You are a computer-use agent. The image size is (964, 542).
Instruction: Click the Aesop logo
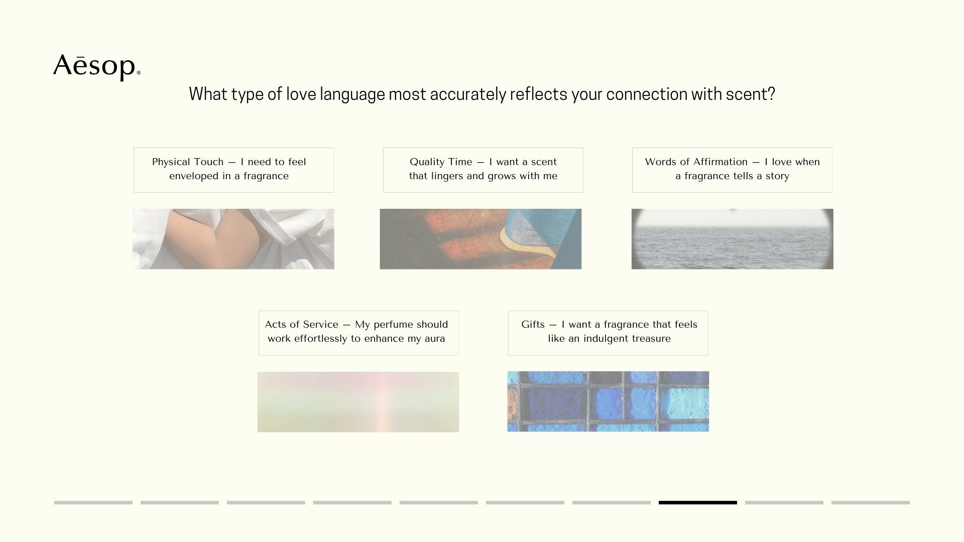pos(97,67)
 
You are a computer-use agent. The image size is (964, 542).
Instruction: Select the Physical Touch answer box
pos(234,170)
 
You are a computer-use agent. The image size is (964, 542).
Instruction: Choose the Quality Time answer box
pos(483,170)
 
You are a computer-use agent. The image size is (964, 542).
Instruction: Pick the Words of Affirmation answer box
pos(732,170)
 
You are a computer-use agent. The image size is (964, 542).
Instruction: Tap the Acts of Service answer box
pos(358,333)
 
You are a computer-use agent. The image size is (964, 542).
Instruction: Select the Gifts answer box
pos(608,333)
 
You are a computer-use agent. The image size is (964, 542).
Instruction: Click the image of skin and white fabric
pos(233,239)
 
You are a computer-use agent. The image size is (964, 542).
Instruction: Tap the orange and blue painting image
pos(480,239)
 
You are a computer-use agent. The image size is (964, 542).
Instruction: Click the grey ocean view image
pos(732,239)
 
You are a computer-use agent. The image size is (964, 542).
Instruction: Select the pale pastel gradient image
pos(358,402)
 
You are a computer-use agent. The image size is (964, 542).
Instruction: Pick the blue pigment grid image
pos(608,401)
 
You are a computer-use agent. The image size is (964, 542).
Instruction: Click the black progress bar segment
pos(698,502)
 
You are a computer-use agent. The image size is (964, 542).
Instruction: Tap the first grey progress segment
pos(93,502)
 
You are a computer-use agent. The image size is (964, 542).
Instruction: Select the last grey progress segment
pos(871,502)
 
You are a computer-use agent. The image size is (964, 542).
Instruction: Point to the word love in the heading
pos(301,94)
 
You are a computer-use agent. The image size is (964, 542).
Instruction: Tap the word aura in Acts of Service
pos(435,339)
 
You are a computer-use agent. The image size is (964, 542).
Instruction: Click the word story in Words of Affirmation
pos(777,176)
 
